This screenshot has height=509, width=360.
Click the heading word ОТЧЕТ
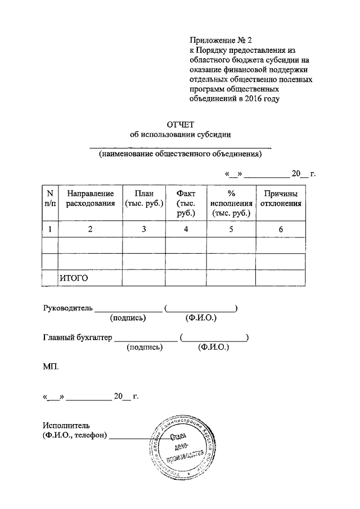pos(180,124)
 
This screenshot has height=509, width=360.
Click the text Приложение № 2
pos(219,40)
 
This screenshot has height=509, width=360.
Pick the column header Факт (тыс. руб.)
pos(186,203)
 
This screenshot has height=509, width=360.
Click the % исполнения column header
pos(231,203)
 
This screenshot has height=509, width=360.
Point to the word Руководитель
pos(68,308)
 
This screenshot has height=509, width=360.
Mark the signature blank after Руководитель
pos(129,309)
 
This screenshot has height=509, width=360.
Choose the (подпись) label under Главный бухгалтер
pos(145,348)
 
